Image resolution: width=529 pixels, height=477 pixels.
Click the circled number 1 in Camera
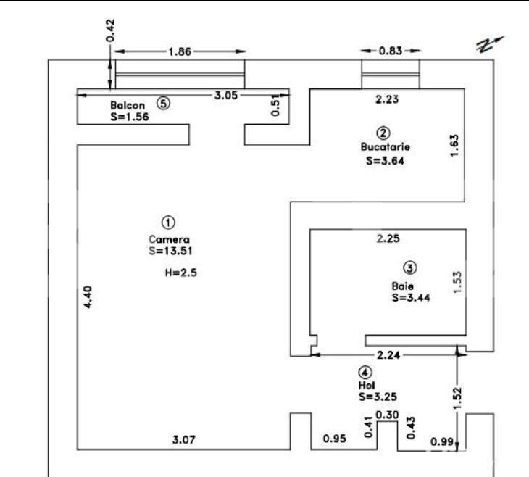167,221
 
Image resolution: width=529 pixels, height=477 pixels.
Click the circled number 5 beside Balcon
164,104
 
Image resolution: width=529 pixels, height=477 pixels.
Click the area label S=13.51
168,251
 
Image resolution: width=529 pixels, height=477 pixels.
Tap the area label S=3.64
385,161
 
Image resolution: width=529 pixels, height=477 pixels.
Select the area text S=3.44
411,296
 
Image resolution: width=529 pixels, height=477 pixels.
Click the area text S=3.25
377,397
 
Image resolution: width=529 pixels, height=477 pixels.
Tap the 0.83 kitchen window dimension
391,51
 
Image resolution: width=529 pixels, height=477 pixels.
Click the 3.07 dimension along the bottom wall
183,439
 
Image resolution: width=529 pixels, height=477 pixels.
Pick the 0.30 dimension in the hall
388,414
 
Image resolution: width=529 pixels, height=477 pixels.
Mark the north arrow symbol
489,43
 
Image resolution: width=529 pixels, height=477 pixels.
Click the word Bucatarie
386,146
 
